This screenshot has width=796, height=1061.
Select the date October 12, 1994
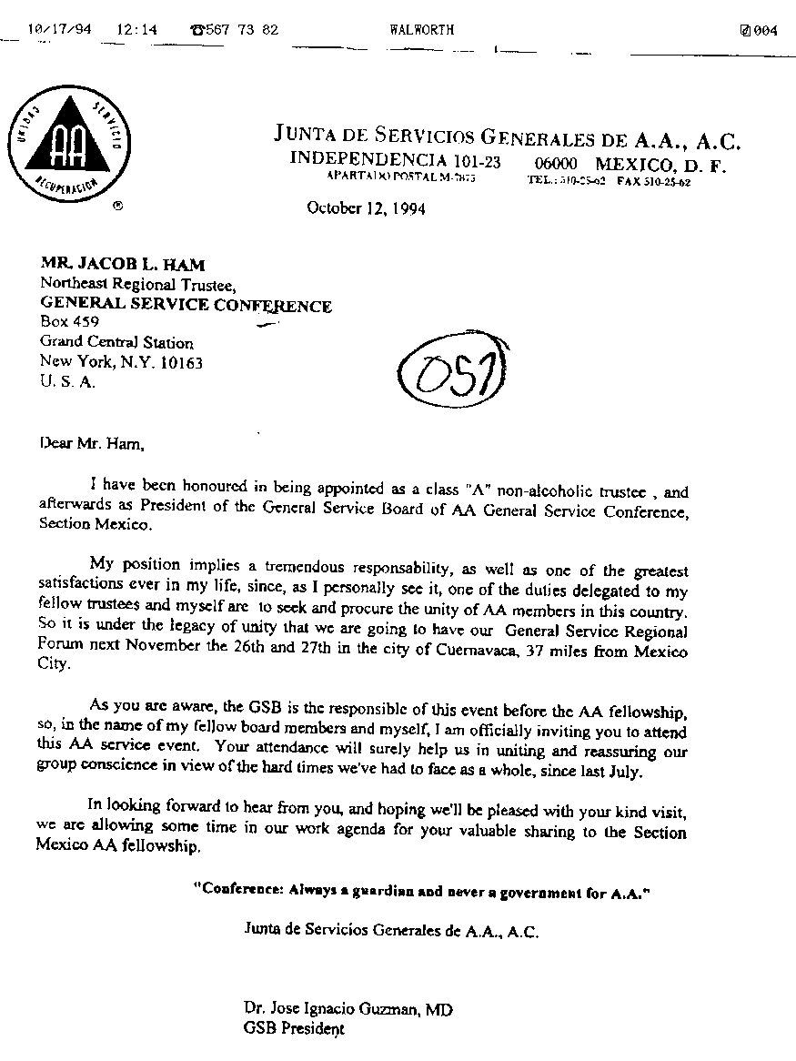pos(366,208)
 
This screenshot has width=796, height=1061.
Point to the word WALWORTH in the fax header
pos(421,30)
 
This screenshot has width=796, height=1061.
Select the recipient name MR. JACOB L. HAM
pos(123,265)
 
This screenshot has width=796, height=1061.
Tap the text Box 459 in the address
pos(69,322)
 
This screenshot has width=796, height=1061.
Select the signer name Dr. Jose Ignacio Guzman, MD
pos(348,1009)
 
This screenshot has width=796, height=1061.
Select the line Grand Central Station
pos(116,342)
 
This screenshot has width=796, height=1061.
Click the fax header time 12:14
pos(136,29)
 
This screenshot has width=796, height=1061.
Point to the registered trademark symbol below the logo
pos(117,207)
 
